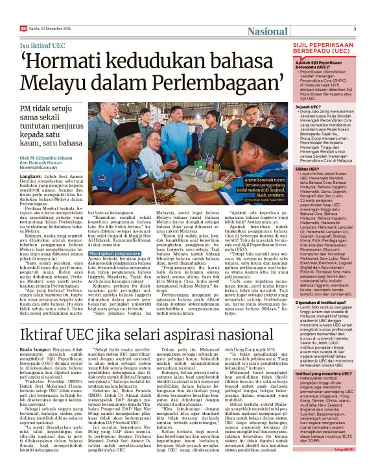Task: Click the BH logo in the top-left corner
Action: point(25,29)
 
